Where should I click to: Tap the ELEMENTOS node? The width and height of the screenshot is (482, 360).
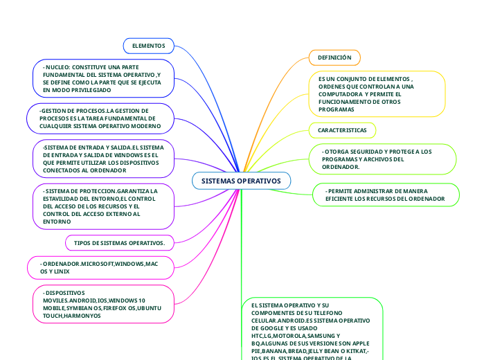pyautogui.click(x=148, y=46)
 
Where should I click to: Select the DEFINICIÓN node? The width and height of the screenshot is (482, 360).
pyautogui.click(x=334, y=57)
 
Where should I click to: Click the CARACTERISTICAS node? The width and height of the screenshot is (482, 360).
pyautogui.click(x=342, y=130)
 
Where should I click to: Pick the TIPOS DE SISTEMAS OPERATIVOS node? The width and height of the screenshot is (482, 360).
pyautogui.click(x=119, y=243)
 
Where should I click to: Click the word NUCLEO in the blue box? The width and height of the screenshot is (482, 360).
pyautogui.click(x=57, y=67)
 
